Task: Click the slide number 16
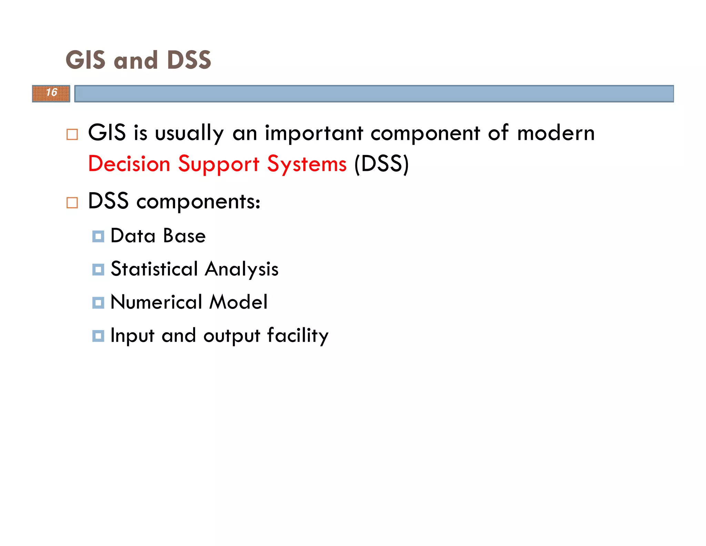point(51,92)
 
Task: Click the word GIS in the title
point(85,60)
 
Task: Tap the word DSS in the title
point(189,60)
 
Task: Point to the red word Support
point(219,164)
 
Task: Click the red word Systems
point(307,164)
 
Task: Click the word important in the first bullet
point(314,133)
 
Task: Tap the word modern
point(556,133)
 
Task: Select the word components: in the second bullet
point(198,202)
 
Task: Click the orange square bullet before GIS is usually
point(72,135)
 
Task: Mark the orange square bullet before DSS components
point(72,203)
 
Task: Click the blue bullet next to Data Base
point(98,237)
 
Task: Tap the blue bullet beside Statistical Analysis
point(98,270)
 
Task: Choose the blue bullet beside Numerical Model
point(98,303)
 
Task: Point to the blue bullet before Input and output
point(98,336)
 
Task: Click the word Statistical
point(154,269)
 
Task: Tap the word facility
point(297,336)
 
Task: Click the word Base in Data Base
point(184,236)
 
